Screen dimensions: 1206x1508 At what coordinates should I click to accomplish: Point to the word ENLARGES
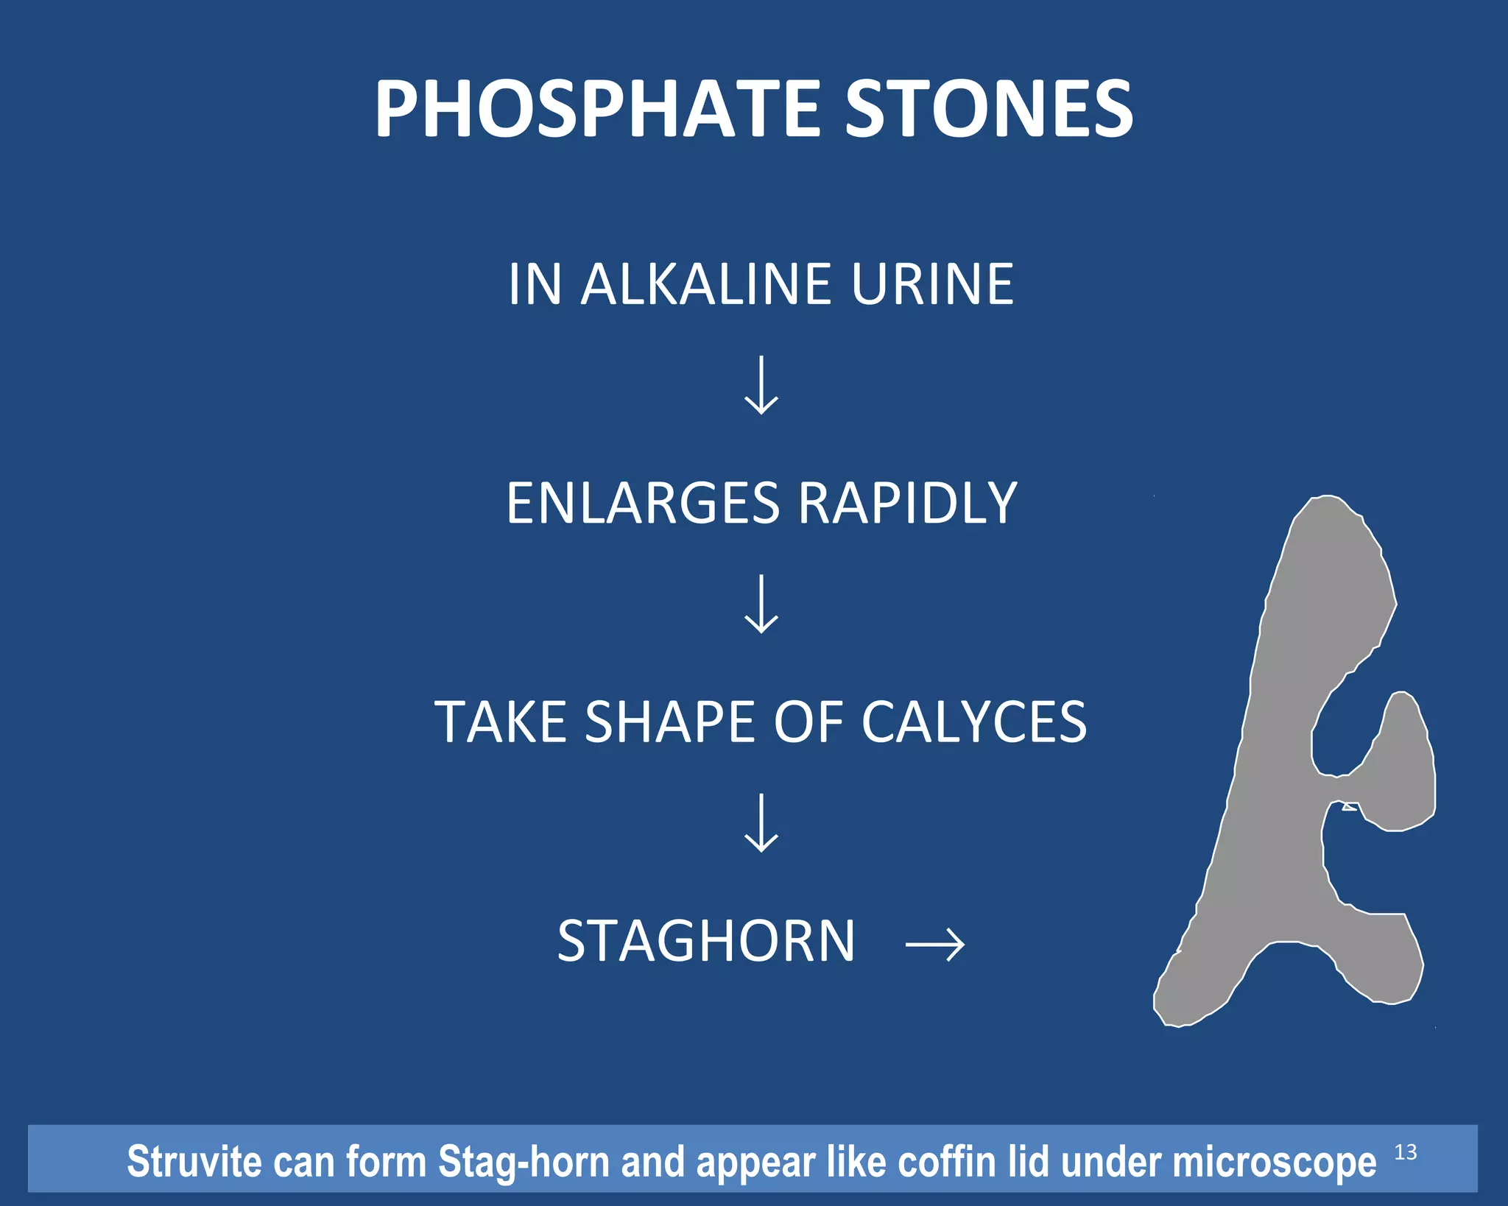(642, 504)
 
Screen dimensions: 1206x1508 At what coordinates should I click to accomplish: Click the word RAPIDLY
(907, 504)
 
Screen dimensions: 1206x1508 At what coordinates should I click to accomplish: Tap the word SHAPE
(670, 722)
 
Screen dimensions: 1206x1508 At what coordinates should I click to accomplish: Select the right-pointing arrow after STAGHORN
(934, 943)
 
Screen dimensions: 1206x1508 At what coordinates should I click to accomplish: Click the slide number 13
(1405, 1152)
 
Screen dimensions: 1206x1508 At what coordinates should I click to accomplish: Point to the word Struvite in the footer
(194, 1162)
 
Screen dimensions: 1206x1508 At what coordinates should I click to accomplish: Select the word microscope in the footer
(1274, 1162)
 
